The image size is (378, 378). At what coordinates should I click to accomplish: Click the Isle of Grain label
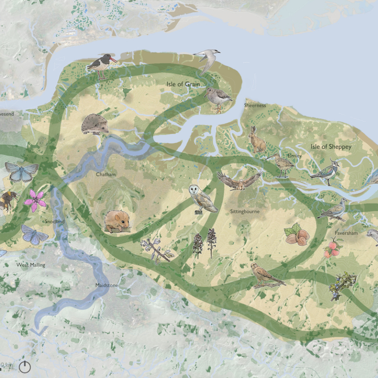pos(183,84)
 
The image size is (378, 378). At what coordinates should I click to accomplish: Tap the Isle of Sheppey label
pos(331,147)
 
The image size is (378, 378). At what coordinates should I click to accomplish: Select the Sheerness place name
pos(255,106)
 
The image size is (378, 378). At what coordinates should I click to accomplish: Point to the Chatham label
pos(106,175)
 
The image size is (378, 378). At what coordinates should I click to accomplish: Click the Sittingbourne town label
pos(245,212)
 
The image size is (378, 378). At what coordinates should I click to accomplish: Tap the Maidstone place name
pos(107,285)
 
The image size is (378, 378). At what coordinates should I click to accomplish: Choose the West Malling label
pos(30,265)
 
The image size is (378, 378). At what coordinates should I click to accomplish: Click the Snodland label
pos(54,221)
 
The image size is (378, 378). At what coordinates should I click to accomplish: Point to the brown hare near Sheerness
pos(257,140)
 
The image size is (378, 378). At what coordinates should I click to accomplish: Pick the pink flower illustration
pos(35,200)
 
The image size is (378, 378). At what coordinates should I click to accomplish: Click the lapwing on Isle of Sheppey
pos(325,171)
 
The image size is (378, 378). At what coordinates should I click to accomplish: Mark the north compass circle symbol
pos(25,367)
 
